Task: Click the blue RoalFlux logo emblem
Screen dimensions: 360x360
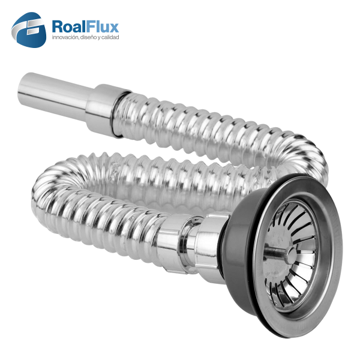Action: [29, 30]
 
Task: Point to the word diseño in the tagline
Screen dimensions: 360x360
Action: [88, 37]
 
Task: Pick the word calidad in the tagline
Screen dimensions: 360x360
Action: [110, 37]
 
